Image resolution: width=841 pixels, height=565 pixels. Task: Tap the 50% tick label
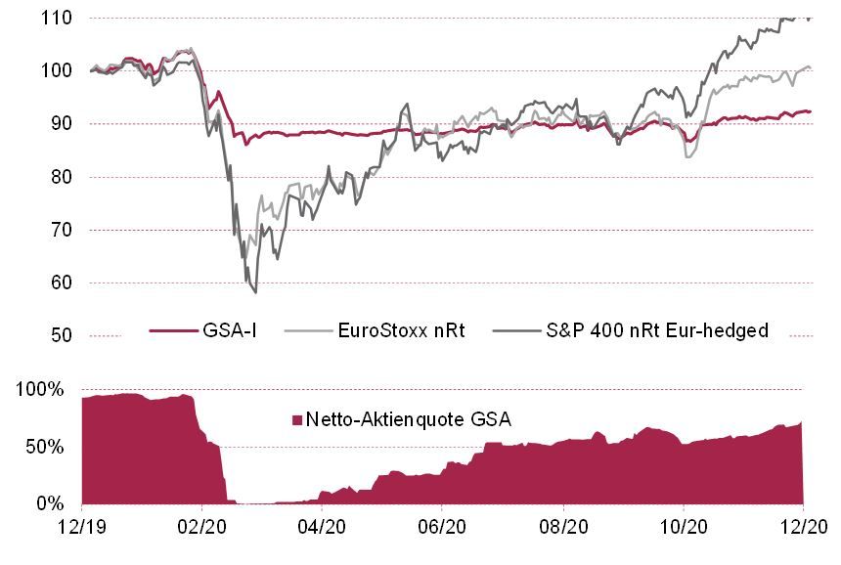click(47, 447)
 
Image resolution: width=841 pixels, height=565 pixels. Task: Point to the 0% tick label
click(52, 504)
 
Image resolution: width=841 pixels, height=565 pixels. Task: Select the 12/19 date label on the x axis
click(81, 526)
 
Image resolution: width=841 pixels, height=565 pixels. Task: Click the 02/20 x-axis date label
click(201, 526)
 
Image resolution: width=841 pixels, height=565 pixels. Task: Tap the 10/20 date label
click(683, 526)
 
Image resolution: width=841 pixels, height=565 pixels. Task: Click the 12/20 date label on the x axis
click(803, 526)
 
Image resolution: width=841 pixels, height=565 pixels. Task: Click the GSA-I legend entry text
click(231, 330)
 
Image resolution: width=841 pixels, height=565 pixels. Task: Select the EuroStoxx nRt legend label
click(400, 330)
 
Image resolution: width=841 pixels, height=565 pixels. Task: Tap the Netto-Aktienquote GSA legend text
click(409, 419)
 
